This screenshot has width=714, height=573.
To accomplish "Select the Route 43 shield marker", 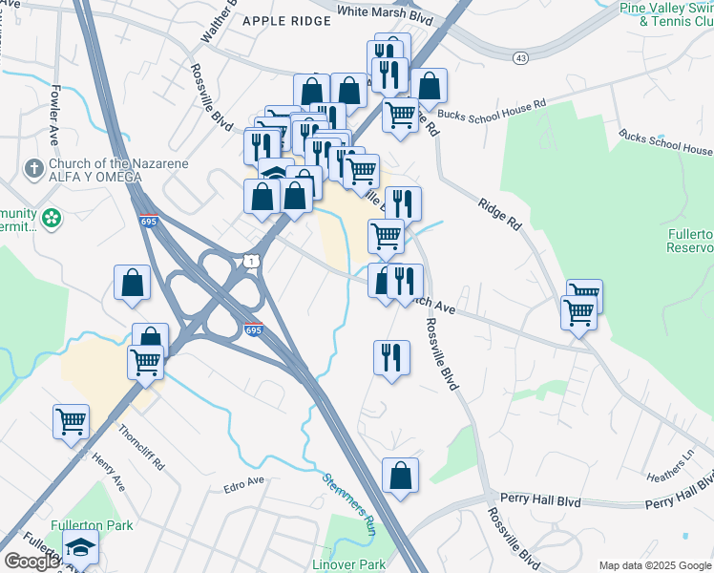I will coord(520,58).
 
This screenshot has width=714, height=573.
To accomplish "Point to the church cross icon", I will coord(32,168).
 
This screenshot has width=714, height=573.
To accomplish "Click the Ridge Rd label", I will coord(500,212).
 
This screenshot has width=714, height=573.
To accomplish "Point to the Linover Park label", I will coord(348,564).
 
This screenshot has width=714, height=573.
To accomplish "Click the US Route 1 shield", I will coord(249,260).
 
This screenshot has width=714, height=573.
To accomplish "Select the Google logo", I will coord(31,561).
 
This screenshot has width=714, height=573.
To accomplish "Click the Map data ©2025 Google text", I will coord(654,565).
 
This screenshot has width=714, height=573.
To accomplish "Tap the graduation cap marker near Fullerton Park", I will coord(80,548).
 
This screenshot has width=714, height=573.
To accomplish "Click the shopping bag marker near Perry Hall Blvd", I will coord(401,475).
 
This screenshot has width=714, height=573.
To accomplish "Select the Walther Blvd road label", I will coord(218,32).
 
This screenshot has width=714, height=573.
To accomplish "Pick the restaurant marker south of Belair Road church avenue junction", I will coord(391,357).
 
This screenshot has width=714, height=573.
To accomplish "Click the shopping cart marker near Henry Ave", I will coord(72,420).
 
